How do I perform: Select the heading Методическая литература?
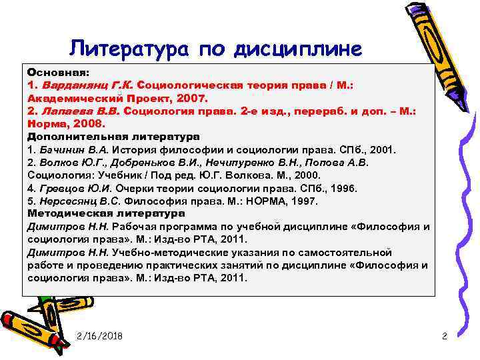[106, 213]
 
